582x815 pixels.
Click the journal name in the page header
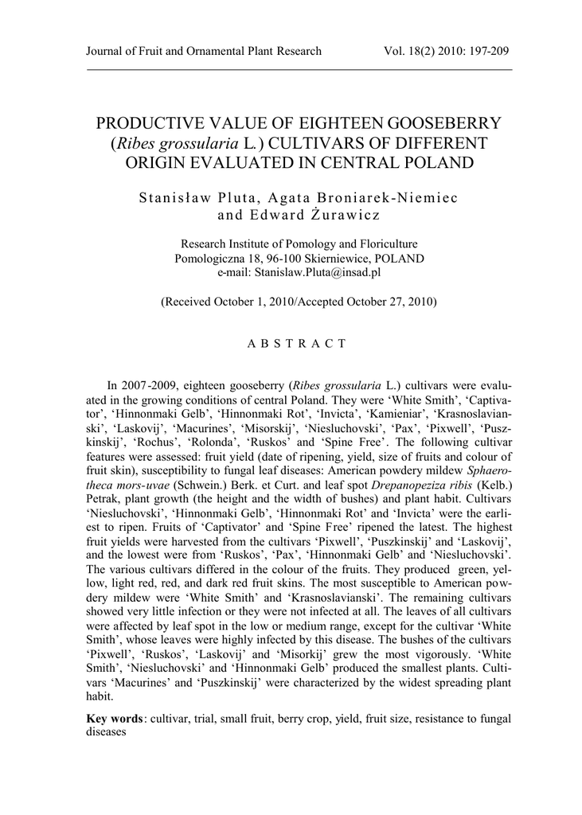tap(203, 52)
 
